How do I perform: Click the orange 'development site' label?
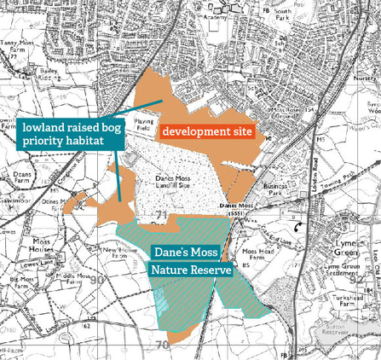point(207,131)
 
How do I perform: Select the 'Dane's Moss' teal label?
point(186,253)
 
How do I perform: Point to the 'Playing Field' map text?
point(142,125)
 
